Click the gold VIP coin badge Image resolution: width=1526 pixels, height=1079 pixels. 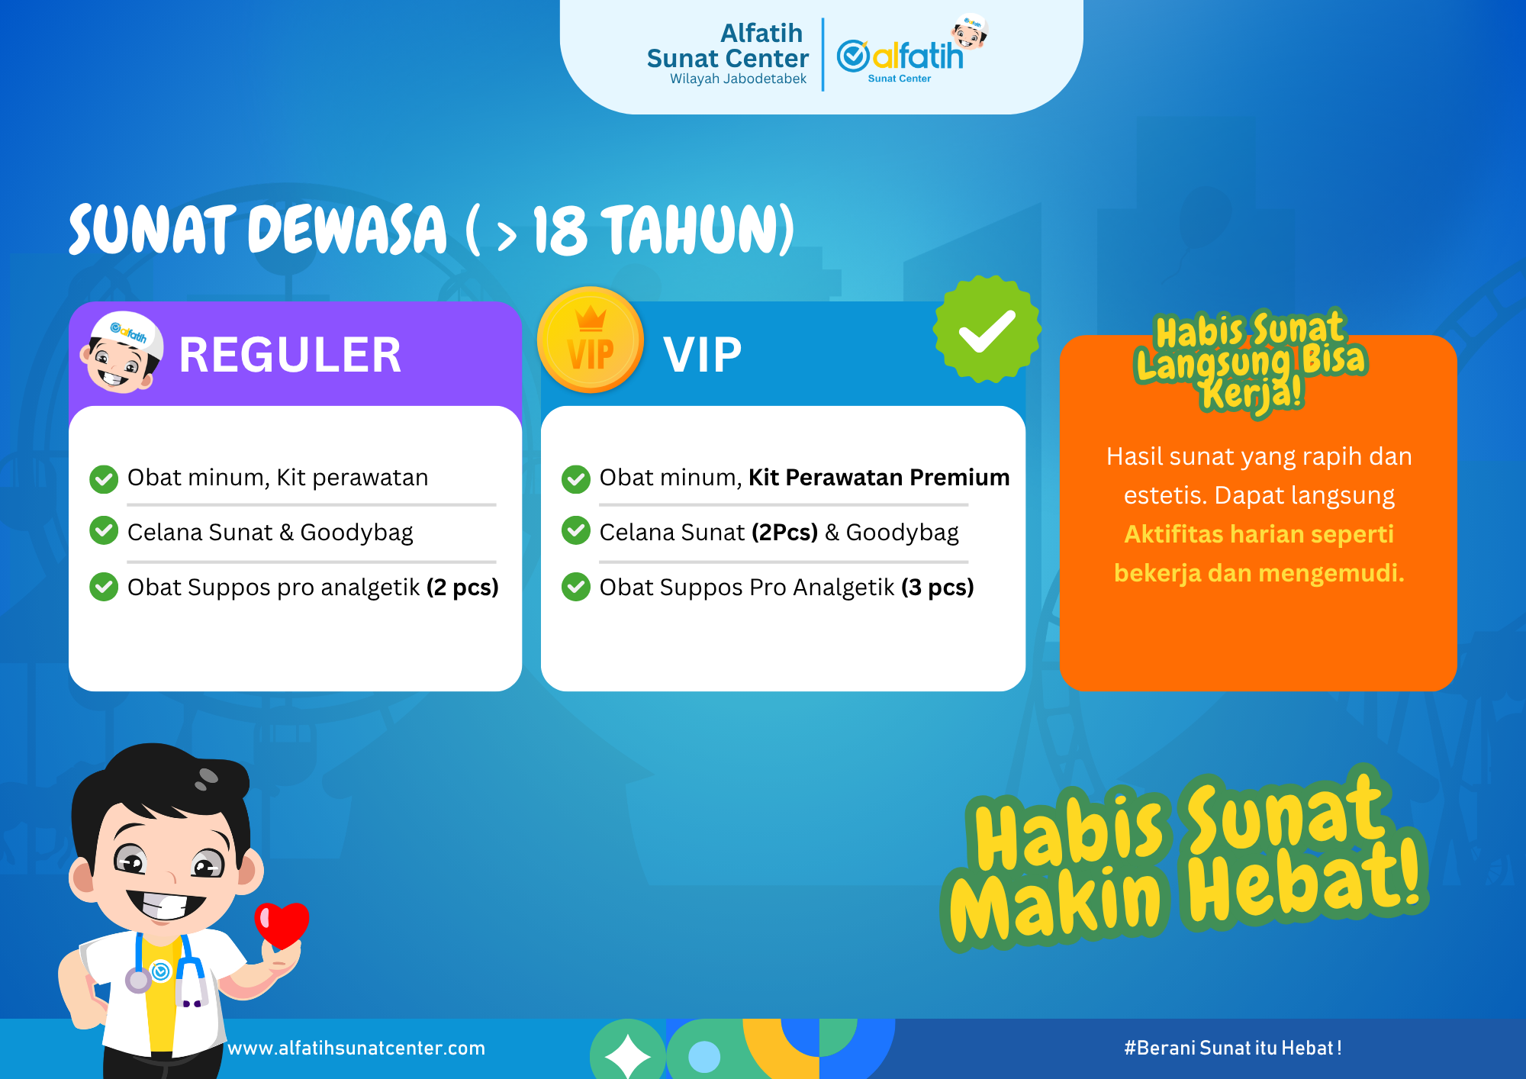tap(590, 340)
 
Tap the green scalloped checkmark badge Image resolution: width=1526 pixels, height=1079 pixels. tap(987, 330)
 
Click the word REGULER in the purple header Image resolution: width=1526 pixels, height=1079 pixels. tap(290, 355)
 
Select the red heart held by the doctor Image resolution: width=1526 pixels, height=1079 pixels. tap(282, 924)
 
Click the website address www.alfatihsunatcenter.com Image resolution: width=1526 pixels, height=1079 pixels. tap(356, 1048)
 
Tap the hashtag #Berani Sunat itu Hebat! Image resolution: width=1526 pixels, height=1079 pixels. tap(1232, 1048)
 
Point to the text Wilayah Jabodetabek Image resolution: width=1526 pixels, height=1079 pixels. tap(738, 79)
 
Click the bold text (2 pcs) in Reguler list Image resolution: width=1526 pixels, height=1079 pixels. tap(462, 587)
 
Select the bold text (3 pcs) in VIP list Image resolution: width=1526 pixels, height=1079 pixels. tap(937, 587)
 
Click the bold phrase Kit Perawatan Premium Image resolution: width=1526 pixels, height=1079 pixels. tap(879, 477)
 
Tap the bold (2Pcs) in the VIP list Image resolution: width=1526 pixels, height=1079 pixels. tap(784, 532)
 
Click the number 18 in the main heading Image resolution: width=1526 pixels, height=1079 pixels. tap(560, 230)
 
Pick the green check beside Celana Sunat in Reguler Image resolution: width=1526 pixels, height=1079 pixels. tap(104, 530)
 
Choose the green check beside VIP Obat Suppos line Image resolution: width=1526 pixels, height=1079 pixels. tap(576, 587)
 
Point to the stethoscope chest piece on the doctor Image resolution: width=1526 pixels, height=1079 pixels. tap(139, 980)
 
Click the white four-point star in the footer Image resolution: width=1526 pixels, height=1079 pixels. tap(627, 1055)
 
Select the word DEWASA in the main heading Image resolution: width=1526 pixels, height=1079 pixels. tap(347, 230)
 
